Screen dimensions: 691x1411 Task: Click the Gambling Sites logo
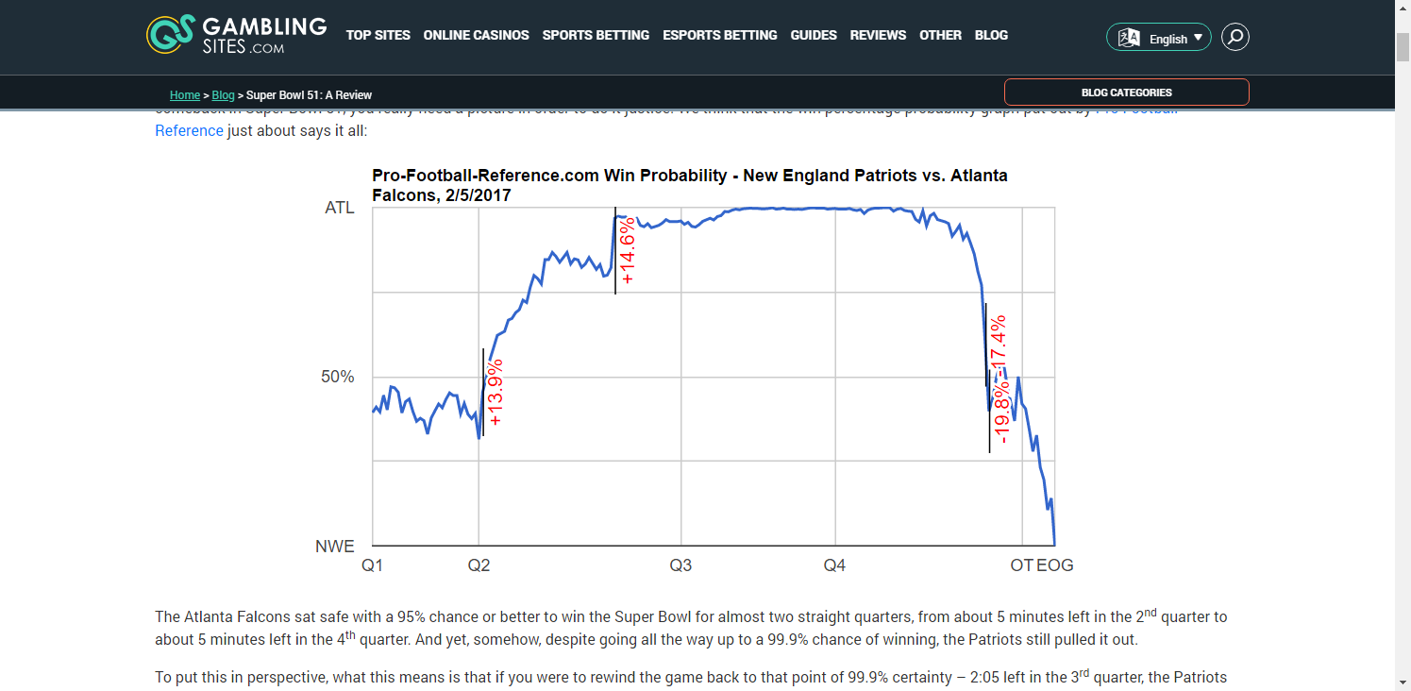pos(237,35)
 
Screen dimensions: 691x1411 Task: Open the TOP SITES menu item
pos(378,35)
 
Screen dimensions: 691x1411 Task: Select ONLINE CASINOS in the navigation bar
pos(476,35)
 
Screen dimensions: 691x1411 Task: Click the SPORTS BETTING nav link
pos(596,35)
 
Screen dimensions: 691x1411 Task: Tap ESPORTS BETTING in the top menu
pos(719,35)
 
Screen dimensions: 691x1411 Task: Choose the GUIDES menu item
pos(814,35)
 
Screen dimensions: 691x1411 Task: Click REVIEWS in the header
pos(878,35)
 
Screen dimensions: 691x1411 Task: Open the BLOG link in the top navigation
pos(991,35)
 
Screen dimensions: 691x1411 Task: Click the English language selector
pos(1158,38)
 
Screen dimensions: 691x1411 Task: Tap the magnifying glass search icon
pos(1235,37)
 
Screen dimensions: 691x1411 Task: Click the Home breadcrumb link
pos(184,95)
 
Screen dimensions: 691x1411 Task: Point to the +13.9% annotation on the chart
pos(496,392)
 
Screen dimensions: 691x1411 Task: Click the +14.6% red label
pos(628,251)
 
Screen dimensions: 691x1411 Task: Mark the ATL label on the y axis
pos(340,208)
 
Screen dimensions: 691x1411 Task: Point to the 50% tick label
pos(338,377)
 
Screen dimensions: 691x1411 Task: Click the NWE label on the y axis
pos(335,546)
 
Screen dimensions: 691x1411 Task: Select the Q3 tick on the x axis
pos(680,565)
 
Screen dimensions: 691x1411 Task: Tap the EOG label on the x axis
pos(1055,565)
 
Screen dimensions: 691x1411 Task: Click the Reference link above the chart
pos(189,130)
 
